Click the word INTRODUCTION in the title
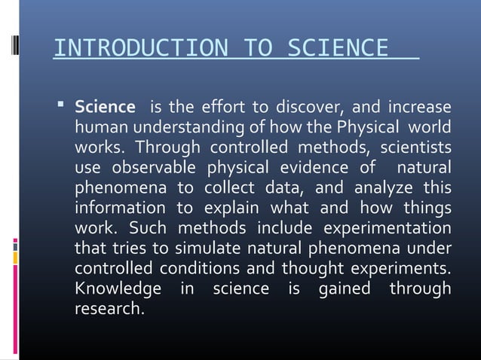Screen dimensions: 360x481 pos(140,50)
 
